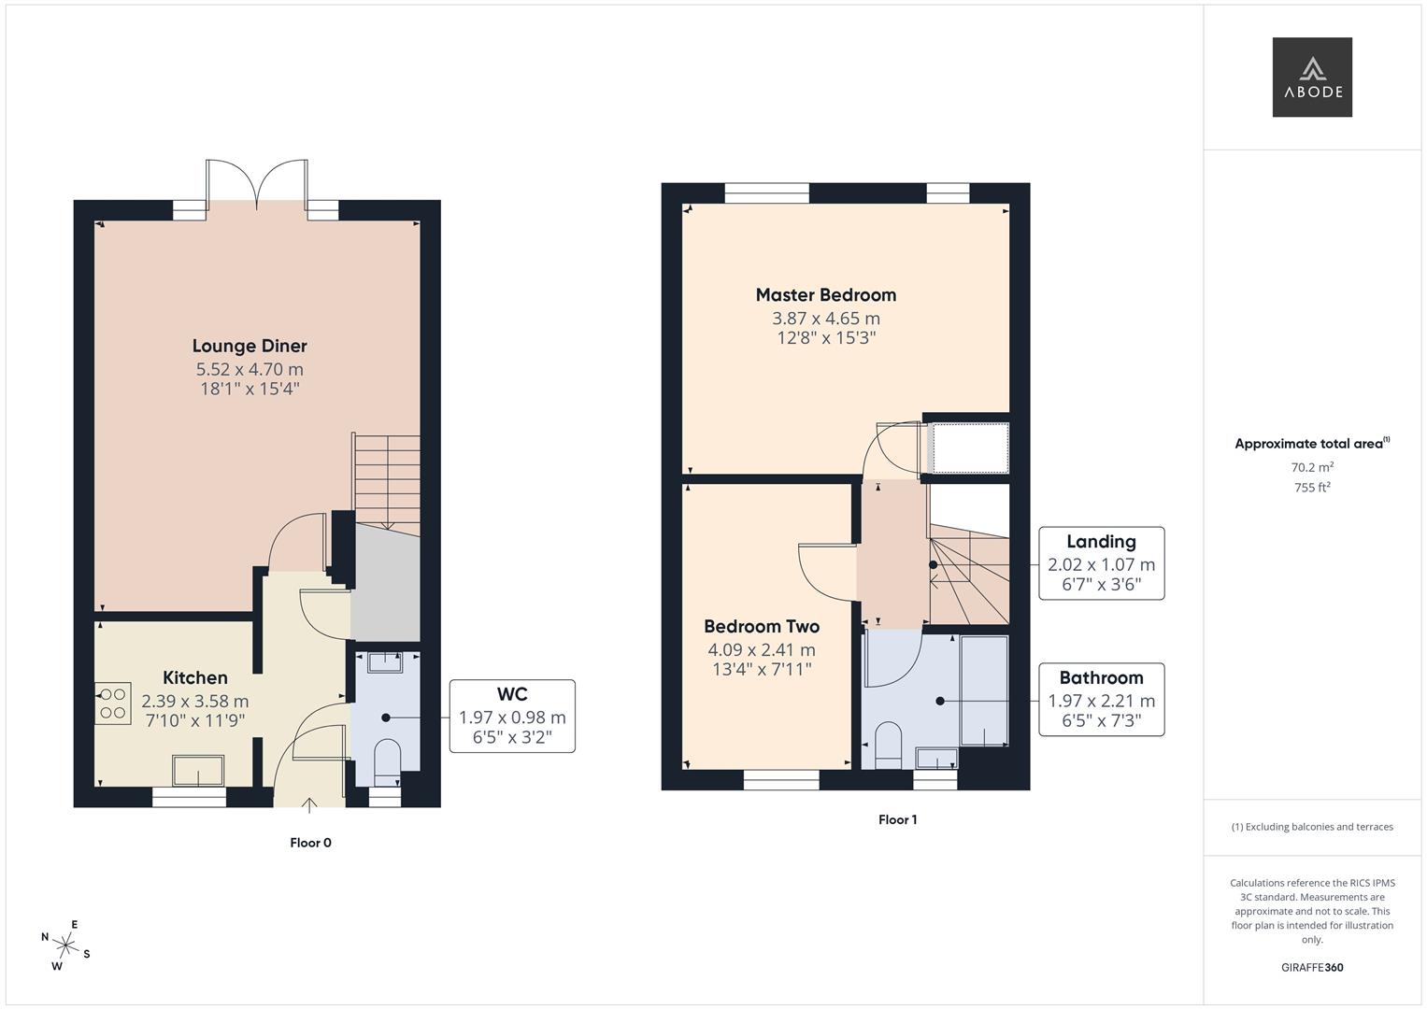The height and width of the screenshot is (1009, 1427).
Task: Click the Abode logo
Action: (x=1311, y=77)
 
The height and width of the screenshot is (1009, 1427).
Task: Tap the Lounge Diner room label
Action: (x=250, y=347)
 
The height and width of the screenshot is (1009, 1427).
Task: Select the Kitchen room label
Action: (x=195, y=678)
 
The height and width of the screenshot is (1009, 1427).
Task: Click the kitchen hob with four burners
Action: (x=113, y=704)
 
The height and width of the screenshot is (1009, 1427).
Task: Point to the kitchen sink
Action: (x=197, y=771)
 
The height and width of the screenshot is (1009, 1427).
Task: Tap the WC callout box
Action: (x=512, y=716)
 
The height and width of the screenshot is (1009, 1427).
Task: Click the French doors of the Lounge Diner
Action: (x=256, y=180)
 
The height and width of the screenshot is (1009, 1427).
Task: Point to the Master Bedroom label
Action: (x=826, y=295)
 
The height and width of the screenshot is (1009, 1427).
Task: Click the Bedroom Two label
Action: (x=762, y=627)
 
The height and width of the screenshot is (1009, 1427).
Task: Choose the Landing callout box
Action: (x=1102, y=563)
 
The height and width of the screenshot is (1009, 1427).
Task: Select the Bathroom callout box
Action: (x=1101, y=700)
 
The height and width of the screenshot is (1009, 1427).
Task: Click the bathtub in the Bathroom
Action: (x=984, y=690)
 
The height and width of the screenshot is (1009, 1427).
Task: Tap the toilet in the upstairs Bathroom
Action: (x=888, y=746)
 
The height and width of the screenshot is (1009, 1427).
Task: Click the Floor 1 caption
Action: (x=897, y=820)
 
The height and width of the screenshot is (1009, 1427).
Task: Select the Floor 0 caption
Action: (x=310, y=843)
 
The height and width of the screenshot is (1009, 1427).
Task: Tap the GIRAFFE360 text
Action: (x=1311, y=967)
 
